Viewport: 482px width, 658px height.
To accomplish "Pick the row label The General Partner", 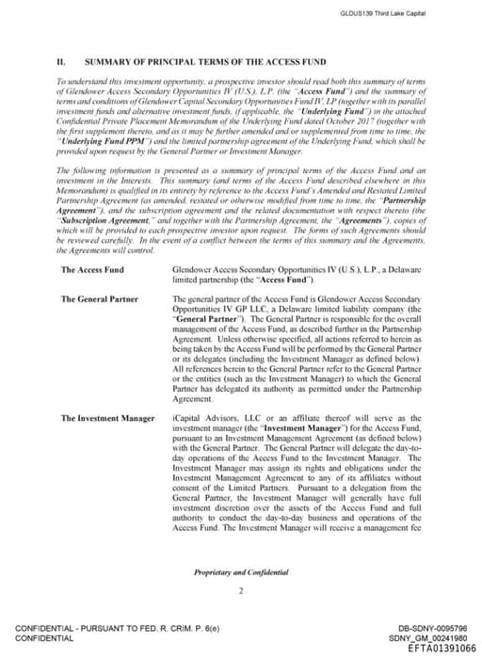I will (99, 299).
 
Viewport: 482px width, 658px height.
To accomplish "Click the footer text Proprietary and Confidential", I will (241, 572).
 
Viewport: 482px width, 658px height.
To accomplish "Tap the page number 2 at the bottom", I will (241, 591).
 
